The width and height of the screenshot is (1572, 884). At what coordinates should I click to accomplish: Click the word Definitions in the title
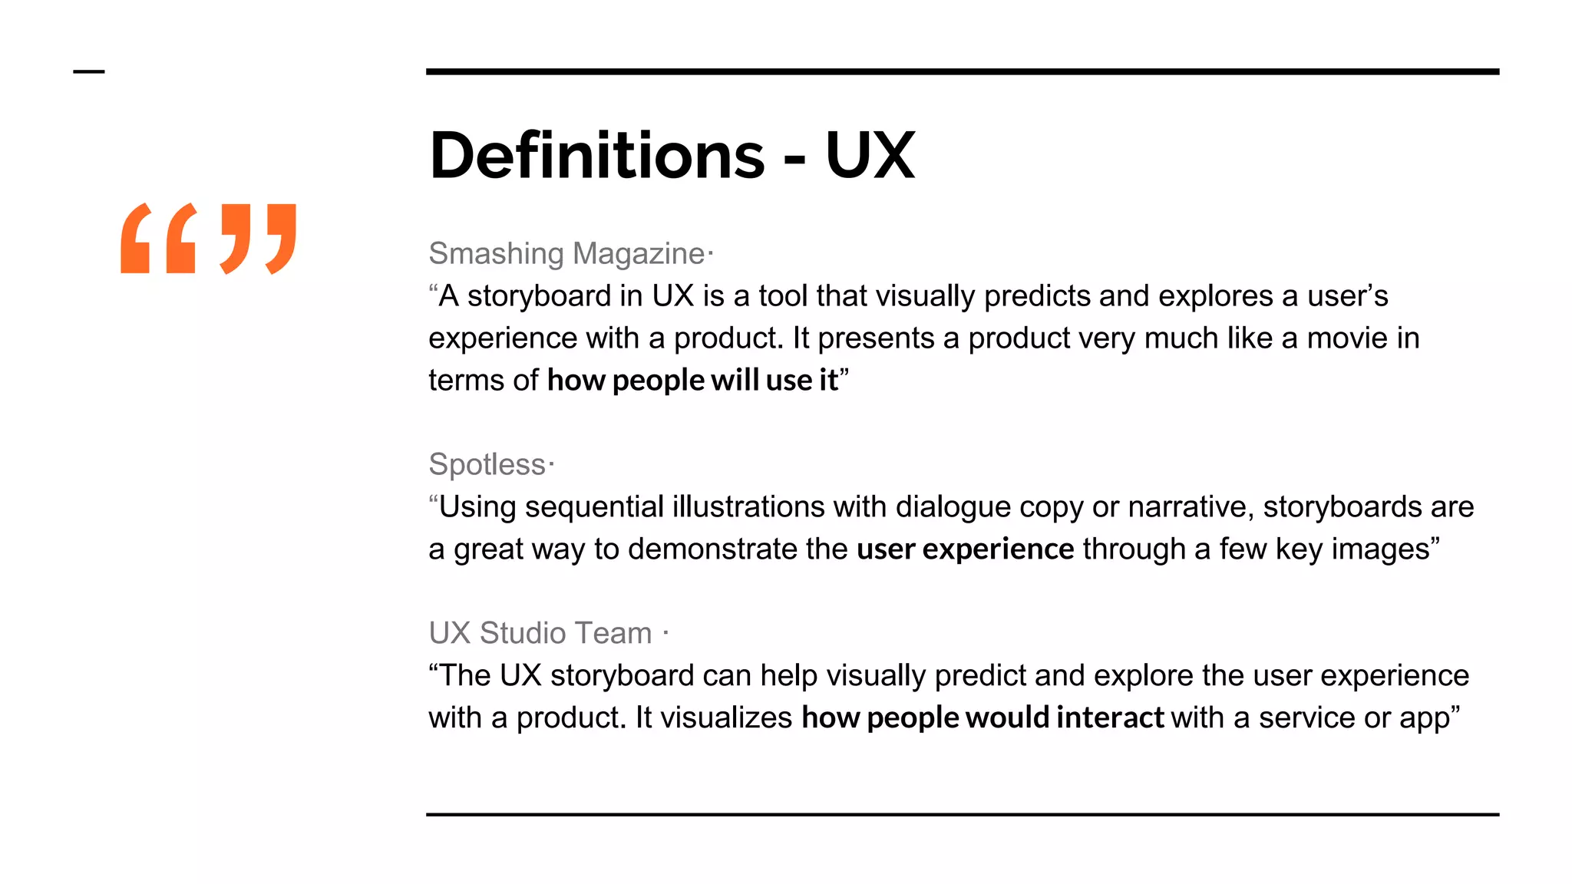click(597, 156)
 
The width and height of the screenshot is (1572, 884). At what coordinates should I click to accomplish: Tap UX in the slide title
click(870, 156)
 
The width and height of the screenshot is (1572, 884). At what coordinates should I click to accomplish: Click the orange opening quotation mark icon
click(158, 239)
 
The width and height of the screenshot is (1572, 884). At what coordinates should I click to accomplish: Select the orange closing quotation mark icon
click(258, 239)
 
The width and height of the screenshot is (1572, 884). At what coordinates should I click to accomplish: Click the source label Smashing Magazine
click(566, 254)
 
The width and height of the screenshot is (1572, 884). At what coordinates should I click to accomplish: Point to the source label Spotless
click(487, 465)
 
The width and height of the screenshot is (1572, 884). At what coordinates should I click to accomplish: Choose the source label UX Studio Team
click(540, 634)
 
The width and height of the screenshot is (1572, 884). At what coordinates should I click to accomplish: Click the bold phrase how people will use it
click(692, 381)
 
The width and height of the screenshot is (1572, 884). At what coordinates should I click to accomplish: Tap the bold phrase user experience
click(965, 549)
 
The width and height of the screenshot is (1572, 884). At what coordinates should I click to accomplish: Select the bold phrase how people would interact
click(982, 718)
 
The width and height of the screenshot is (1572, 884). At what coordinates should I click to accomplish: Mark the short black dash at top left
click(89, 72)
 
